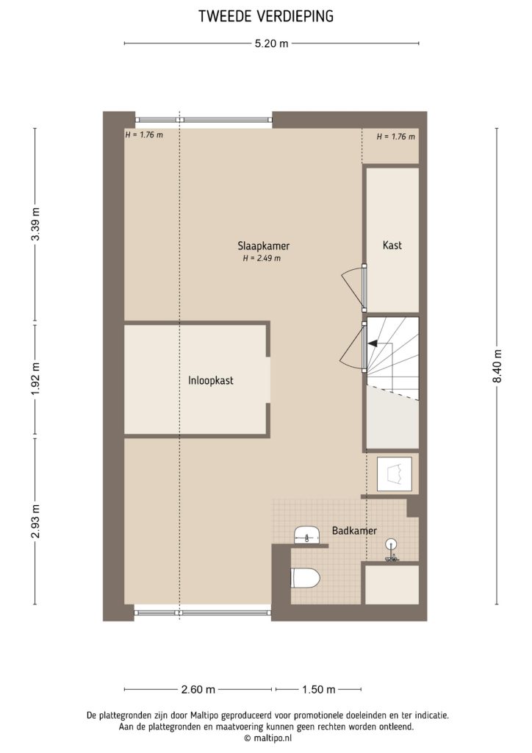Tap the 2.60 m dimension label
pos(199,690)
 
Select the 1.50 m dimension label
pos(319,690)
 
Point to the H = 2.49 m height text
pos(262,258)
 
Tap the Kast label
pos(392,246)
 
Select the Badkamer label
pos(354,529)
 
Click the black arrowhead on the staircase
pos(373,343)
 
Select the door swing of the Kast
pos(352,287)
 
